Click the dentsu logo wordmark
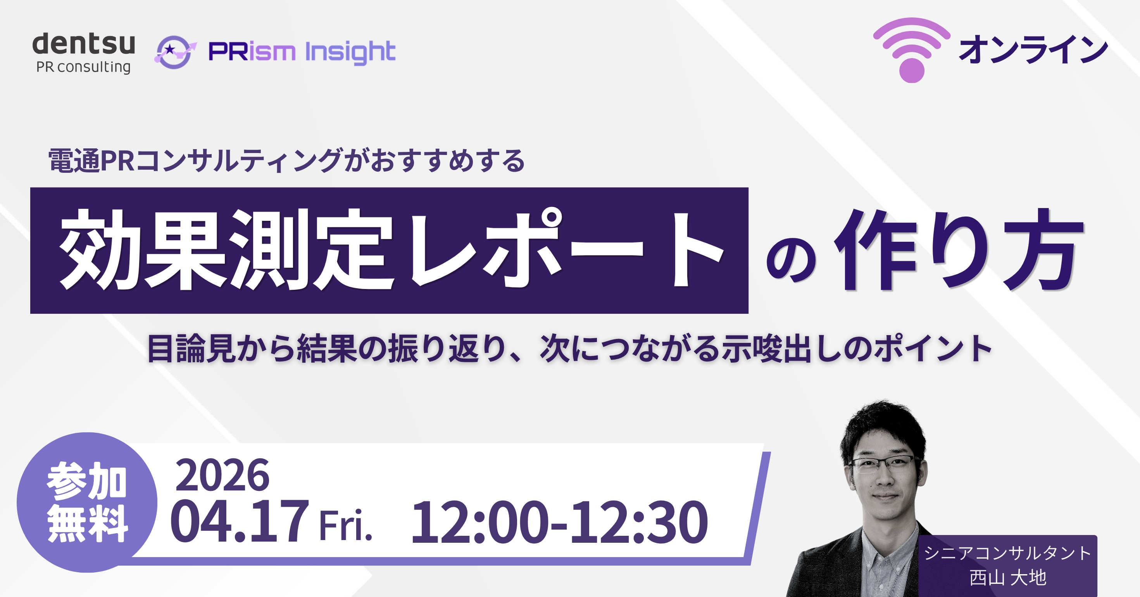tap(84, 44)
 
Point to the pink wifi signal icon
tap(912, 50)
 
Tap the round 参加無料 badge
tap(87, 502)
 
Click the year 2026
tap(222, 475)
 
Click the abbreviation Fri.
tap(346, 525)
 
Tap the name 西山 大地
tap(1008, 578)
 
